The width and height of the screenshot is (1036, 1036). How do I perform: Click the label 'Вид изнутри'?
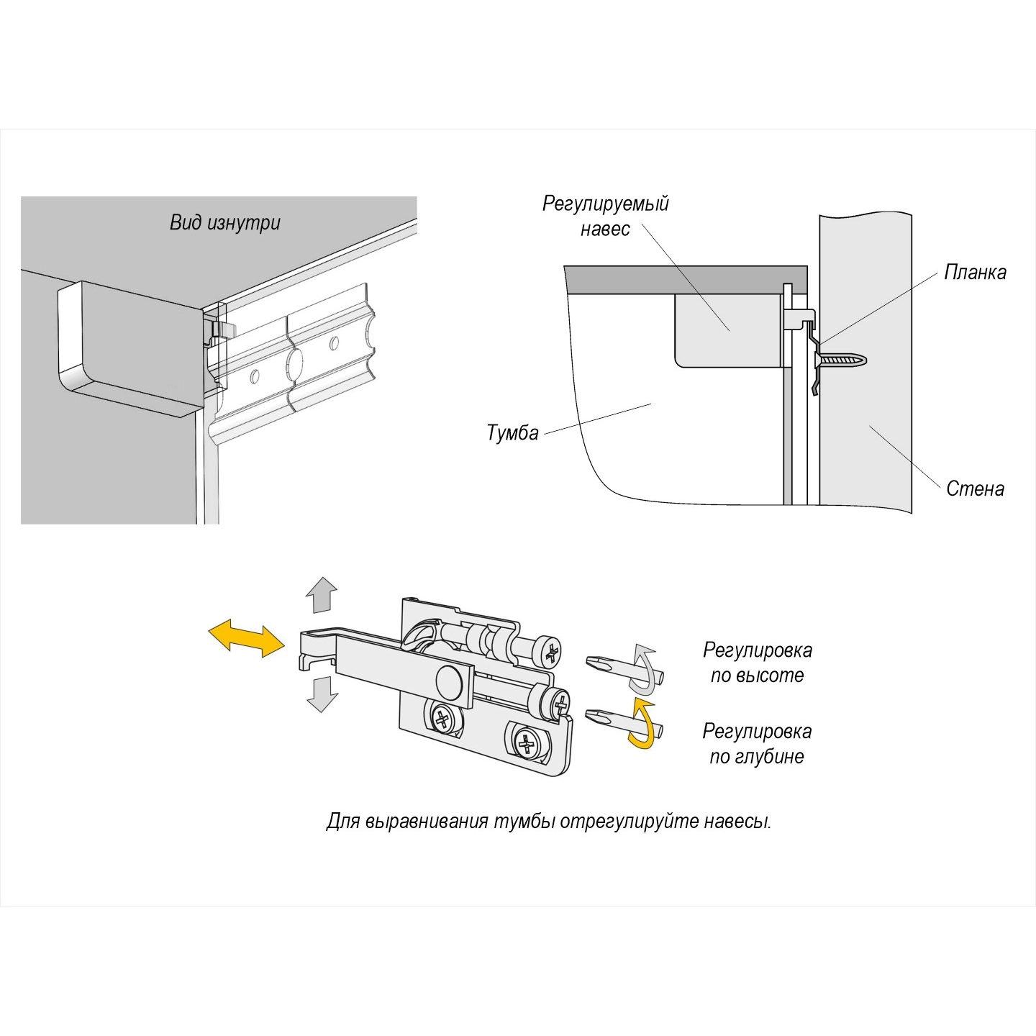(x=224, y=222)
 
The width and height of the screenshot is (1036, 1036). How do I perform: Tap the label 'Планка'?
(x=975, y=273)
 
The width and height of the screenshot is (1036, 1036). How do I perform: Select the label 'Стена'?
(x=975, y=489)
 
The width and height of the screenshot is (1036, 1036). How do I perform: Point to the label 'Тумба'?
(x=512, y=433)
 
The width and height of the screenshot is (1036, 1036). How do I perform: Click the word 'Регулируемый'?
(x=605, y=204)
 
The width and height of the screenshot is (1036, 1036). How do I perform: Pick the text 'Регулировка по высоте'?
(x=757, y=663)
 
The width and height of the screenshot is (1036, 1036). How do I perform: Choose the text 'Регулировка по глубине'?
(x=757, y=744)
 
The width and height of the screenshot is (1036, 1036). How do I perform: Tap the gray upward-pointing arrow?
(x=322, y=595)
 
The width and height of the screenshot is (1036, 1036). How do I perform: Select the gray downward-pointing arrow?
(x=322, y=694)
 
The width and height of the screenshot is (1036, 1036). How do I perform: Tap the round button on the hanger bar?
(x=450, y=681)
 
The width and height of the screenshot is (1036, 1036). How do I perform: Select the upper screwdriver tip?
(x=601, y=663)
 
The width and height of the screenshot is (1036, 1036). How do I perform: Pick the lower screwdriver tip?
(x=601, y=717)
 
